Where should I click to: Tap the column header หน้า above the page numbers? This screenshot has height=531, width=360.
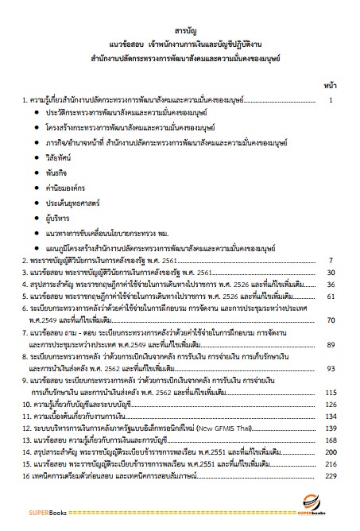pos(330,83)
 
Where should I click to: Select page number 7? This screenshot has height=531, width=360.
pos(330,260)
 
